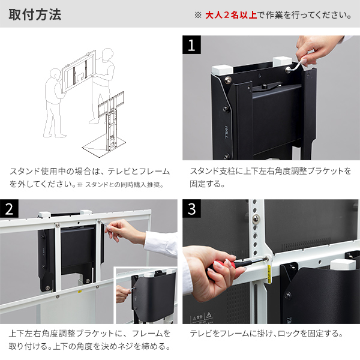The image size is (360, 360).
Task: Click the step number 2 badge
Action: click(x=10, y=209)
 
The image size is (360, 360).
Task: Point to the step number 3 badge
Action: click(x=191, y=209)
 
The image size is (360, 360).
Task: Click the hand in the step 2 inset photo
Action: click(x=122, y=293)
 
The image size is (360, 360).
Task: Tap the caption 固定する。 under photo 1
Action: click(x=207, y=184)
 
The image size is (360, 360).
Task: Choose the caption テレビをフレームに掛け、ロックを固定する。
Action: click(x=266, y=333)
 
